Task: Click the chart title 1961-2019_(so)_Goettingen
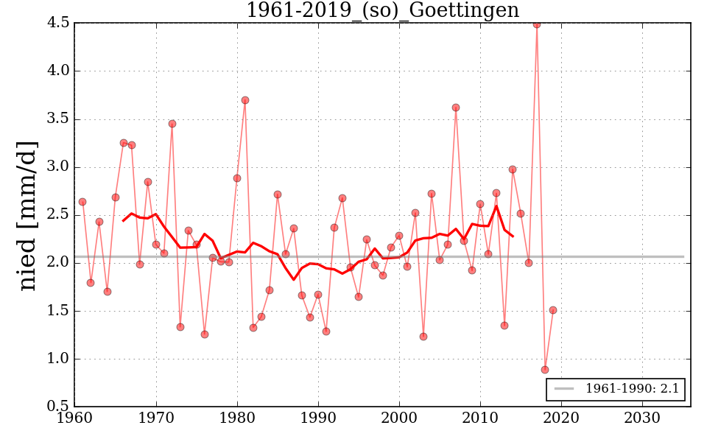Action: click(382, 11)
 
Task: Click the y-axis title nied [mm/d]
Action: click(28, 215)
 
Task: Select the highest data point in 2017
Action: click(537, 24)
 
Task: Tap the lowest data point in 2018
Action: click(545, 370)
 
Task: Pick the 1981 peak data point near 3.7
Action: click(245, 100)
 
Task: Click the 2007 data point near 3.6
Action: click(456, 108)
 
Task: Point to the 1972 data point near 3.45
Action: click(172, 124)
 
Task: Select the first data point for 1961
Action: click(82, 202)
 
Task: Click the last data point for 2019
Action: click(553, 310)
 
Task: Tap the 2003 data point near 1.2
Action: click(423, 337)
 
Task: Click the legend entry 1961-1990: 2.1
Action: click(616, 389)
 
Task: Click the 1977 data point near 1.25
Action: click(205, 334)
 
